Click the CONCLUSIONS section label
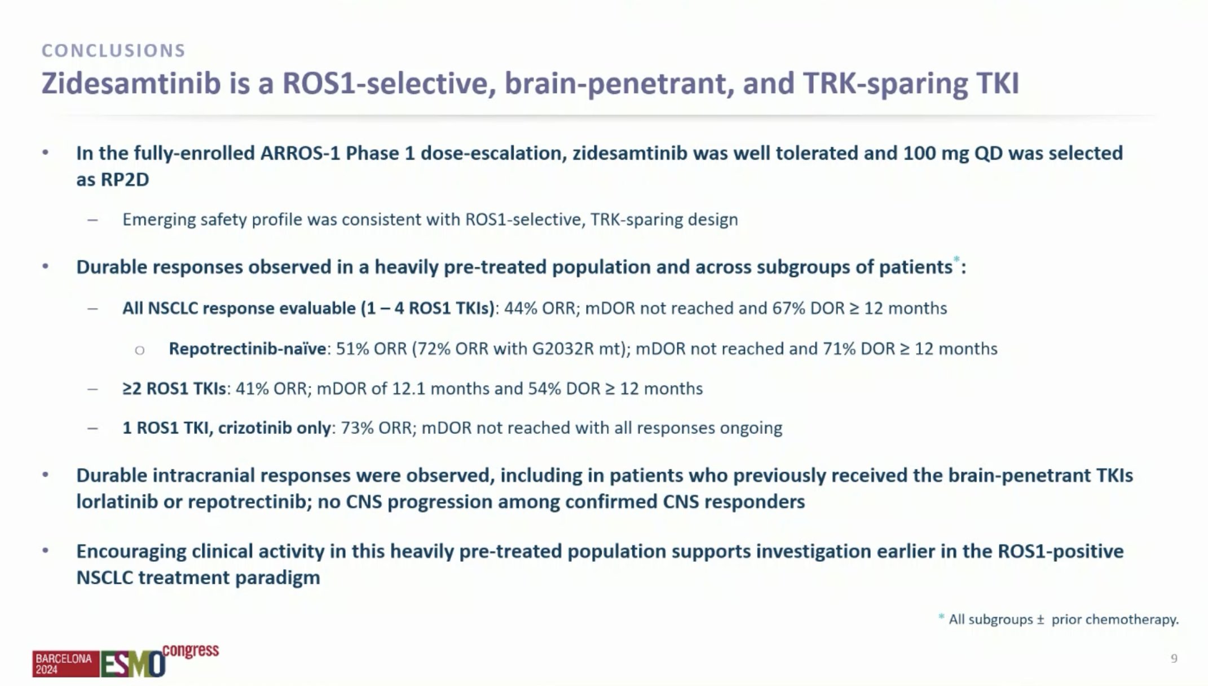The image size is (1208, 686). click(x=113, y=51)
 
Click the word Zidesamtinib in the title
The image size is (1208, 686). click(x=131, y=83)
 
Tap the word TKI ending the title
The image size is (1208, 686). click(x=997, y=83)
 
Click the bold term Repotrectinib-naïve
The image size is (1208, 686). click(x=247, y=349)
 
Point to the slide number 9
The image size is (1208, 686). click(x=1174, y=658)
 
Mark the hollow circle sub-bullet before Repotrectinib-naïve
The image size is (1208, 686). click(x=140, y=350)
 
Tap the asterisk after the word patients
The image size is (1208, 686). click(x=956, y=260)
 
